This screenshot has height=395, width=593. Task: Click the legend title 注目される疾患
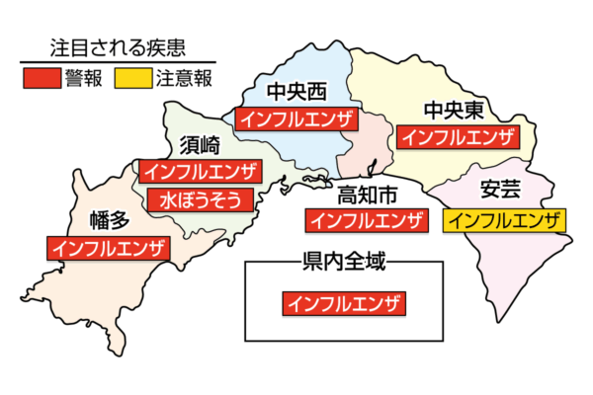(120, 46)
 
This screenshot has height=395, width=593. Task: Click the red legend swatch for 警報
(42, 76)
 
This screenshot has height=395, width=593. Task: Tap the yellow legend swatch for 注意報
(132, 76)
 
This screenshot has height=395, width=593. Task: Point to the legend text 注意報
(183, 77)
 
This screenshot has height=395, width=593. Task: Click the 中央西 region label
(296, 93)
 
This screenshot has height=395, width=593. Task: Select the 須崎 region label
(201, 144)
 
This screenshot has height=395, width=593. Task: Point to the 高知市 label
(367, 193)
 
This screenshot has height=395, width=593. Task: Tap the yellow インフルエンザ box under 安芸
(504, 220)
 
